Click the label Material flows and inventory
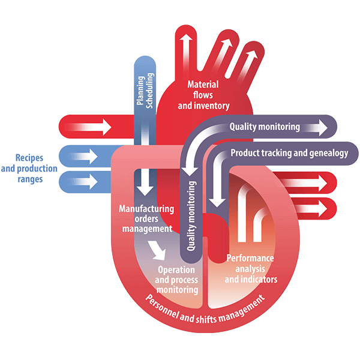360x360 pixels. tap(203, 95)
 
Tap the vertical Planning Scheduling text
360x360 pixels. tap(145, 91)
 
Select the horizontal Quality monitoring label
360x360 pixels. tap(265, 127)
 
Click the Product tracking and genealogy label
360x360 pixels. tap(289, 153)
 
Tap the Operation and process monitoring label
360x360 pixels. tap(176, 280)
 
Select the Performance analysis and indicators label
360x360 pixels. tap(251, 269)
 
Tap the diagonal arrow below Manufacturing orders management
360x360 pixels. tap(157, 247)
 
